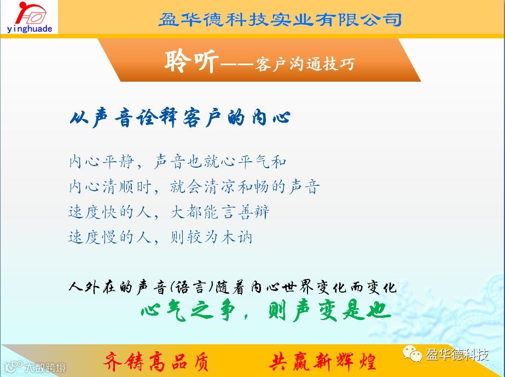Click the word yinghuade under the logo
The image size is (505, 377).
[x=30, y=29]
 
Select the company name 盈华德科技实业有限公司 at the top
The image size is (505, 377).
[x=280, y=19]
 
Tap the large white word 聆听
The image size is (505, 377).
[x=191, y=61]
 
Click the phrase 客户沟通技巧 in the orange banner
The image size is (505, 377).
[x=304, y=64]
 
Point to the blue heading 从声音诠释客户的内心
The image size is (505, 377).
[x=180, y=118]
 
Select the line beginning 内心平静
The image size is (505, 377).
[x=177, y=162]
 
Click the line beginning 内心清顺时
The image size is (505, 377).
[x=194, y=187]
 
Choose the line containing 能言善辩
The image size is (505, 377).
[x=169, y=212]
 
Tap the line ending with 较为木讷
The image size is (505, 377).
[x=160, y=237]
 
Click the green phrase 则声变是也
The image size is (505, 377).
[x=330, y=311]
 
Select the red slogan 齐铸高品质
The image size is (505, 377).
[x=156, y=362]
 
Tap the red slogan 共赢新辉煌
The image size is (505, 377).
[x=322, y=362]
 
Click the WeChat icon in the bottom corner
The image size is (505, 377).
[x=412, y=354]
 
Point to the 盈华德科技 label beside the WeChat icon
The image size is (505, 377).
[x=457, y=355]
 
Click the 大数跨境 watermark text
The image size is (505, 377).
[x=45, y=367]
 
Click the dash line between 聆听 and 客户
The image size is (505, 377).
[x=237, y=65]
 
